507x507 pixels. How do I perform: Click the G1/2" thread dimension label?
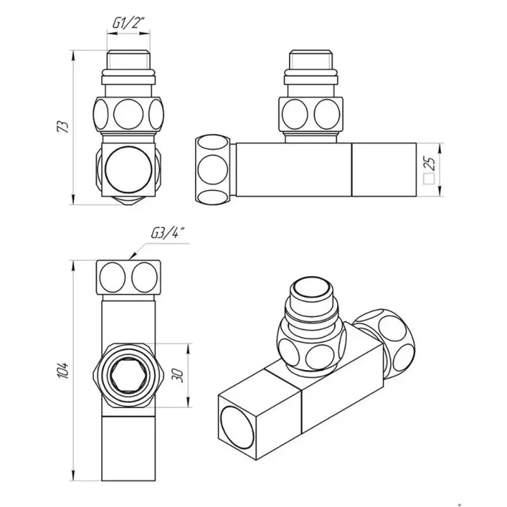click(x=128, y=23)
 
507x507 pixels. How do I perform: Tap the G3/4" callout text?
click(x=168, y=233)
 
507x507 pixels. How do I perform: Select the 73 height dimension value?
click(x=63, y=127)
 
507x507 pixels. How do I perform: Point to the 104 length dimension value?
click(x=63, y=370)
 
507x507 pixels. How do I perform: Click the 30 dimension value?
click(x=177, y=376)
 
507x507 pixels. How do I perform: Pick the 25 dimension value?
click(x=430, y=164)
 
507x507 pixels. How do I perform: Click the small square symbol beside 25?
click(x=429, y=179)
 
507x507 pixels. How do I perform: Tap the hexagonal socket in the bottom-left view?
click(x=129, y=375)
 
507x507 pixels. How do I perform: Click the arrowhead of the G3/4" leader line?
click(x=132, y=257)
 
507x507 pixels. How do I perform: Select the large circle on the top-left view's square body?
click(x=129, y=170)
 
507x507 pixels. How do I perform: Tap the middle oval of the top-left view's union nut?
click(x=129, y=115)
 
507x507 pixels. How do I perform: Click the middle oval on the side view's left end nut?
click(x=213, y=170)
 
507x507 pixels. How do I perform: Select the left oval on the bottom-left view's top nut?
click(x=112, y=277)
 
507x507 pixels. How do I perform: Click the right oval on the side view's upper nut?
click(x=327, y=115)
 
